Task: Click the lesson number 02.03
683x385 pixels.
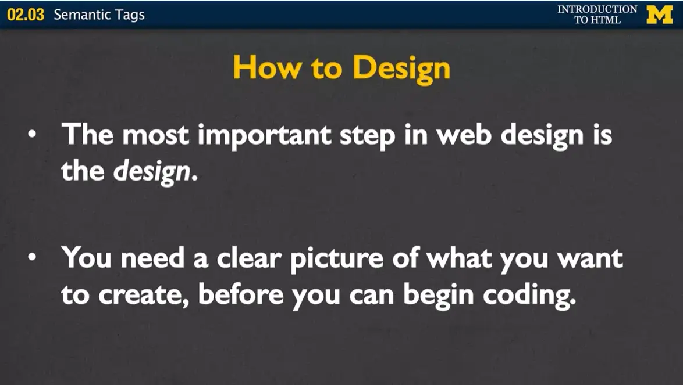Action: coord(26,15)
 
